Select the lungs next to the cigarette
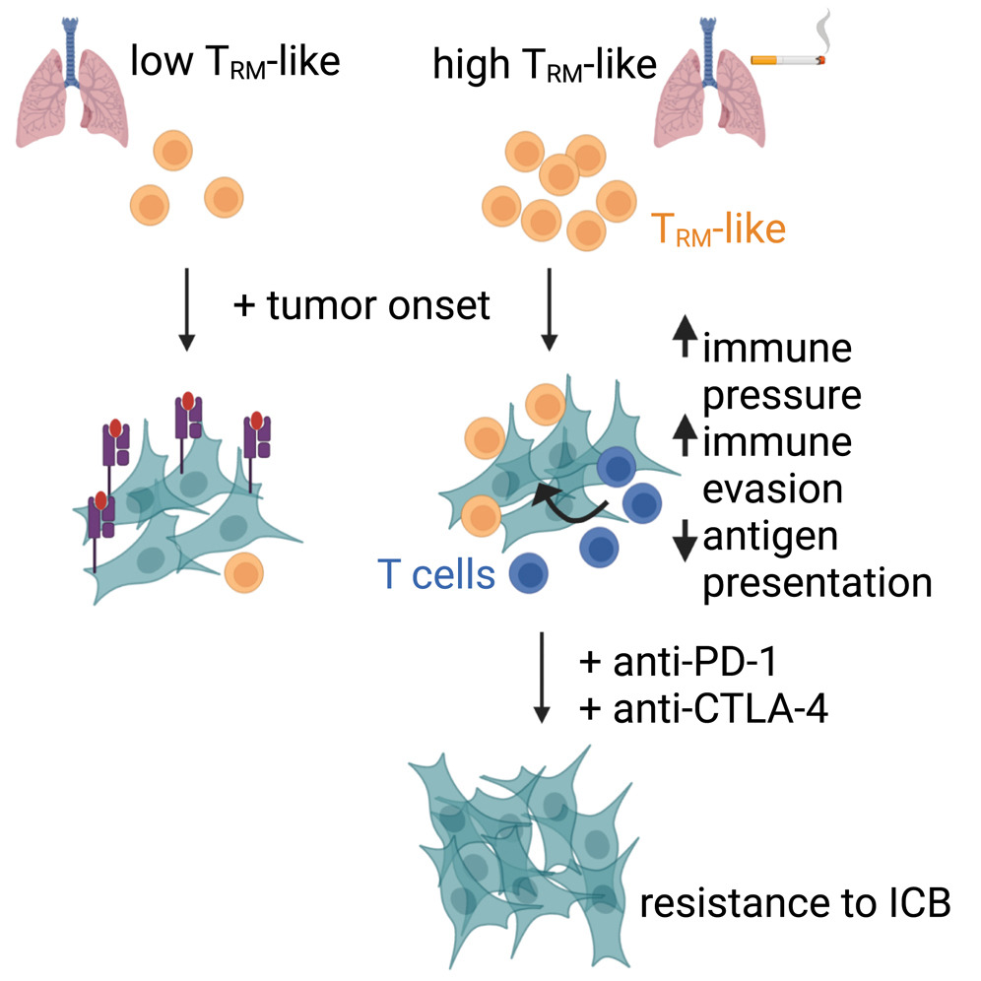click(x=707, y=94)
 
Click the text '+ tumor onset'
click(x=360, y=305)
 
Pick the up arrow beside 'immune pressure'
click(x=684, y=346)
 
